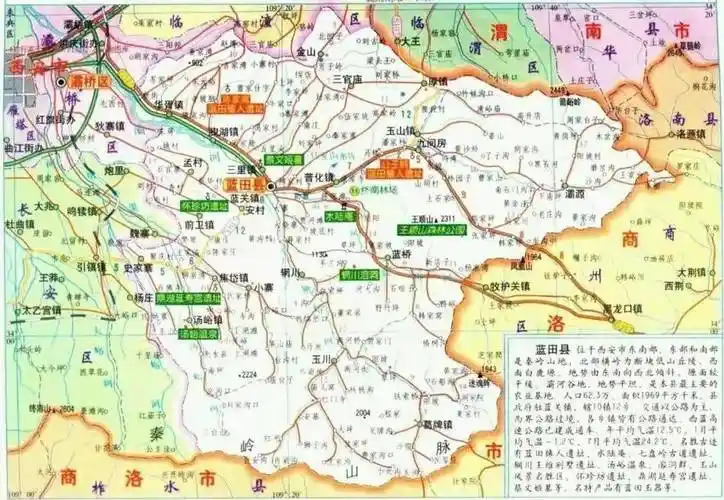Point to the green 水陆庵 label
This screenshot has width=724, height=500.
point(339,216)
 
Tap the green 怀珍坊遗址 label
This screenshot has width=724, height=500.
point(206,206)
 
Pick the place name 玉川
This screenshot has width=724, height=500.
point(320,357)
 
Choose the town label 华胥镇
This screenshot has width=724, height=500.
point(169,104)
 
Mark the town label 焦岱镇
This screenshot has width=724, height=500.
point(232,277)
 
